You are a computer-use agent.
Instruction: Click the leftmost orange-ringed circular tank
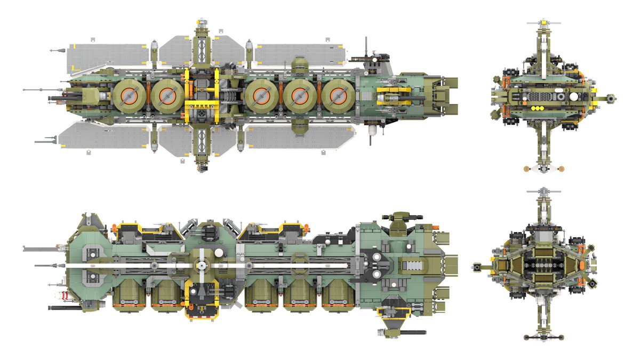coord(129,96)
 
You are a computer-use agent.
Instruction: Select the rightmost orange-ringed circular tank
coord(337,96)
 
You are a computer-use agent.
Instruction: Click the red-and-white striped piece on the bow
coord(64,296)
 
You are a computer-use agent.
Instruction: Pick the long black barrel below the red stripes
coord(64,308)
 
